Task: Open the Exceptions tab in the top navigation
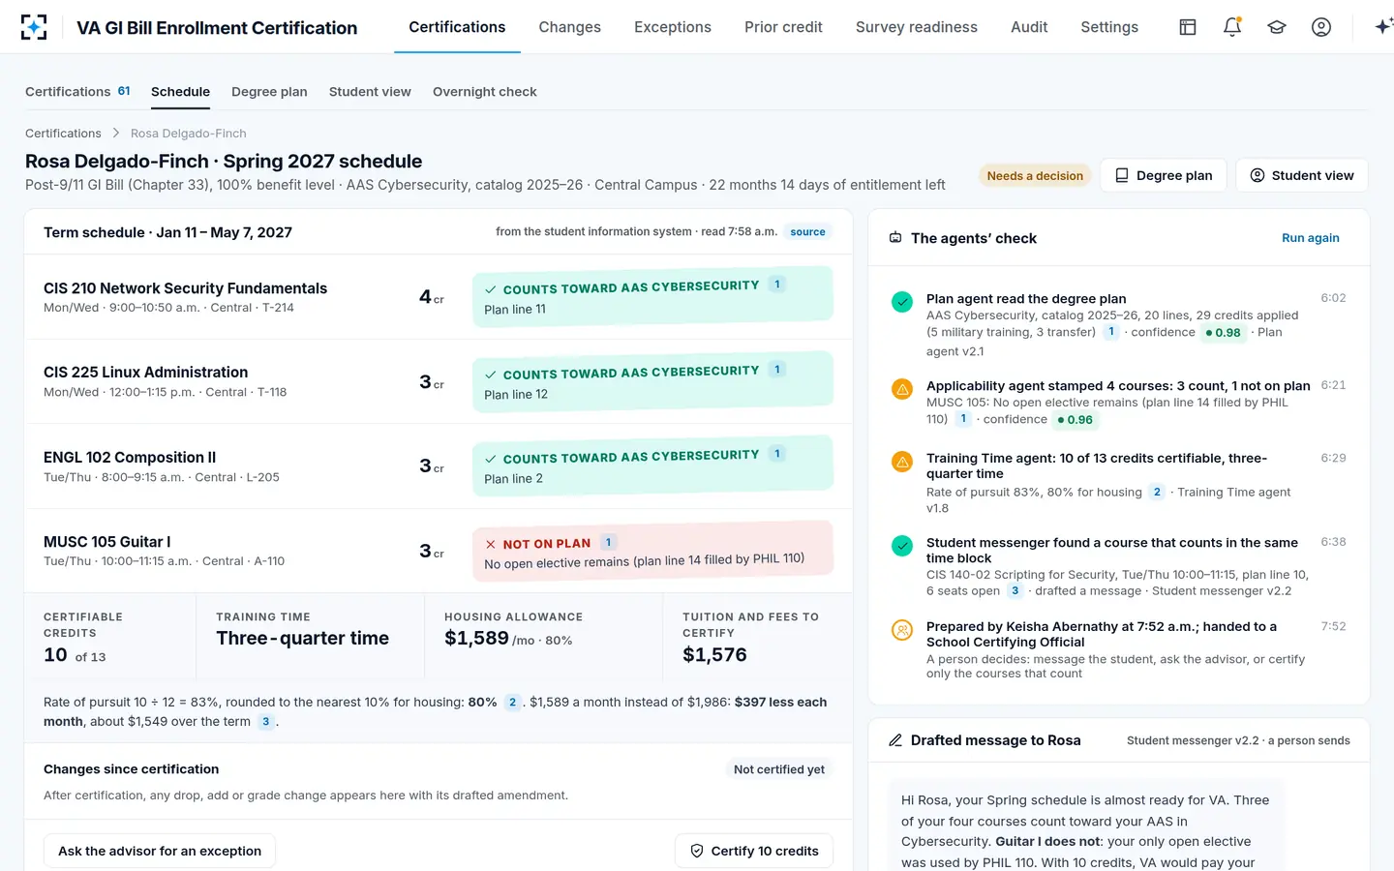point(672,27)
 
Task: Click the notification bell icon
point(1232,27)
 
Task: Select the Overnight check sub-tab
point(484,91)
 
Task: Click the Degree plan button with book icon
point(1164,175)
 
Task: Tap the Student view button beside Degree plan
point(1302,175)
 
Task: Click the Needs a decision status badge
point(1035,175)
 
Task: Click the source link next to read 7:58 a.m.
point(807,231)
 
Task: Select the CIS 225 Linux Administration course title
point(145,372)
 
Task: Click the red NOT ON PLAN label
point(546,543)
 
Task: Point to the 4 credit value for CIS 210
point(425,296)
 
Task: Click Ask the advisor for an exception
point(160,851)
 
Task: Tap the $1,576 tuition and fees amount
point(714,654)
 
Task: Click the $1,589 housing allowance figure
point(476,639)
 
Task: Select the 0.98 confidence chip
point(1223,332)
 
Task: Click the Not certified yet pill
point(778,769)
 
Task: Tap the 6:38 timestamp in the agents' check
point(1333,542)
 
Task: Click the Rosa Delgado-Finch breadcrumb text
point(189,134)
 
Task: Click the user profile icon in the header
point(1320,27)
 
